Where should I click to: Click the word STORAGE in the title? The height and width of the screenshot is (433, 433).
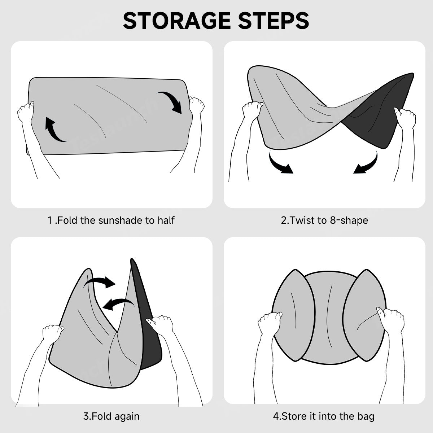click(x=177, y=21)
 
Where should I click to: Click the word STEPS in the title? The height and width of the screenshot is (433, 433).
click(x=274, y=21)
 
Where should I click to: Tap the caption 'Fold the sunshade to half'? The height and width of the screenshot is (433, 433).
click(x=116, y=220)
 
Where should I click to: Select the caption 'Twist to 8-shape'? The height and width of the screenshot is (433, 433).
click(x=328, y=220)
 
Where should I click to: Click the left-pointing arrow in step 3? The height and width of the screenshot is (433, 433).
click(x=118, y=304)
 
